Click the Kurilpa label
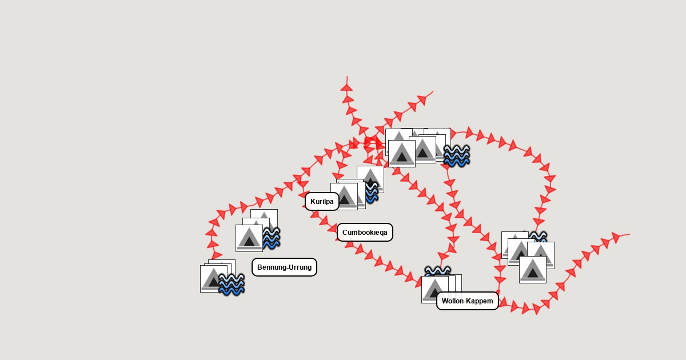322,201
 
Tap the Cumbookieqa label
365,232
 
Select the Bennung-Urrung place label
284,267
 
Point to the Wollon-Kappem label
467,301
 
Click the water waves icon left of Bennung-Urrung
232,284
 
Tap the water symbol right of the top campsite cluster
456,155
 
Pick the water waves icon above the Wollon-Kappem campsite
437,271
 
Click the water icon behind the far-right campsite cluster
538,236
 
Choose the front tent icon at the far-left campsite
214,279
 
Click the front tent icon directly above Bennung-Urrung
249,238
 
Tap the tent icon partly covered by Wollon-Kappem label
434,289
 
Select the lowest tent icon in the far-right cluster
533,269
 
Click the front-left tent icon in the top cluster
402,154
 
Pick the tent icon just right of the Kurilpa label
345,196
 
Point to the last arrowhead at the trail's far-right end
615,237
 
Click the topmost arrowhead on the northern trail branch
346,87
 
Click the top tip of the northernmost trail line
347,77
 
